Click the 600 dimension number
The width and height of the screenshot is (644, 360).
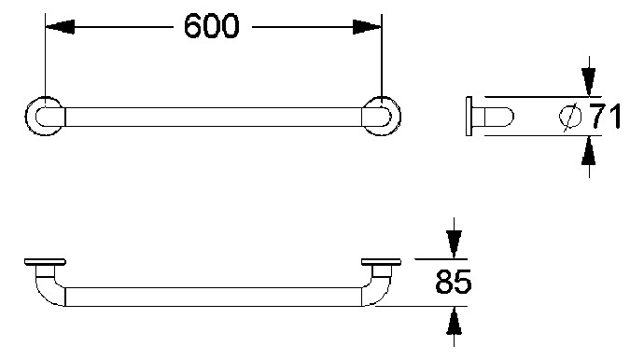(211, 26)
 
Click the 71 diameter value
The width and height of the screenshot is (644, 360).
(602, 117)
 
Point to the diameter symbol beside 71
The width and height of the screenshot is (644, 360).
(570, 117)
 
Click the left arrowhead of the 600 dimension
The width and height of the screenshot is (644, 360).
(56, 27)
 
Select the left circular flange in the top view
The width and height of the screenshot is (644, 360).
(44, 116)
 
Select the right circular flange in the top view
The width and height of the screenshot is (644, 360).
(383, 116)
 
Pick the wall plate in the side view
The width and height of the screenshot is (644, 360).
(469, 117)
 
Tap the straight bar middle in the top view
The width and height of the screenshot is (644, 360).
(213, 116)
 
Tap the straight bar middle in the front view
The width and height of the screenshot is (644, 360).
(213, 297)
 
